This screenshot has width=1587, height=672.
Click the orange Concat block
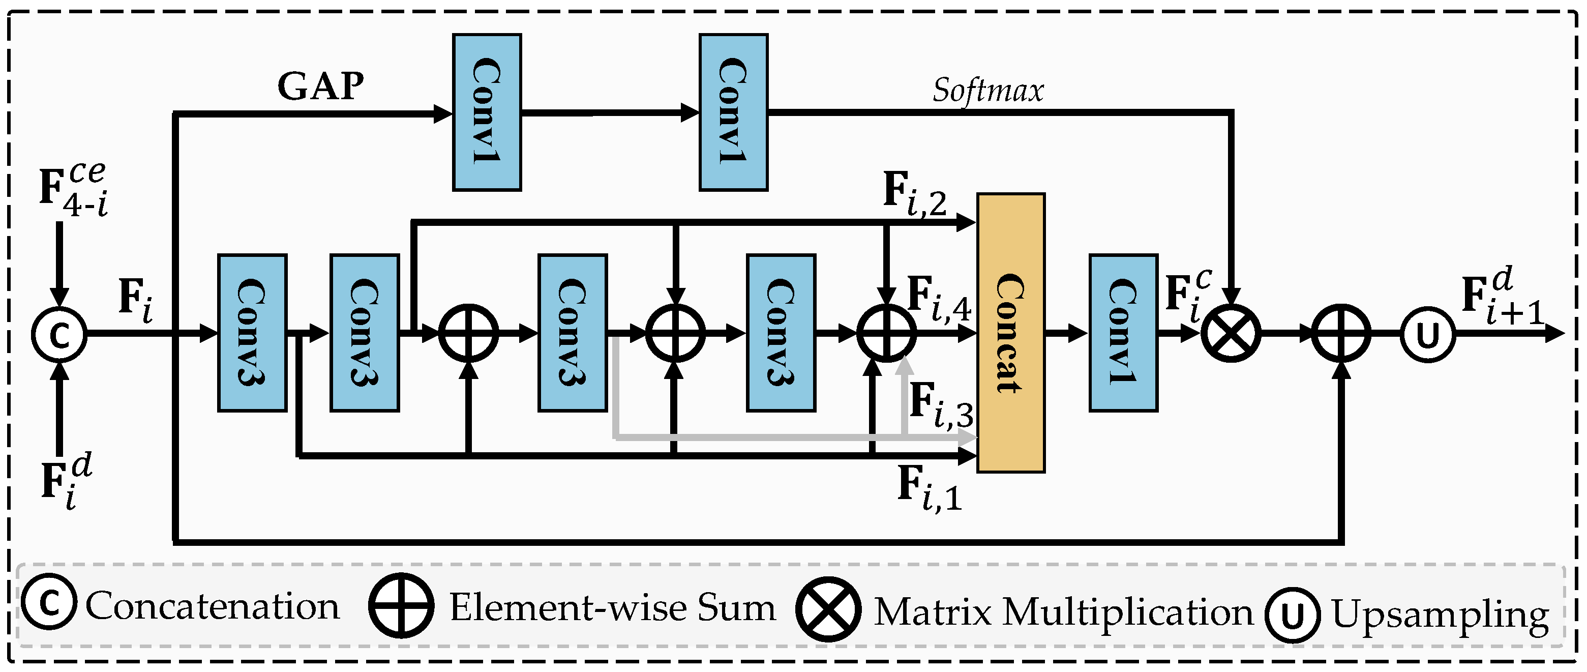1010,333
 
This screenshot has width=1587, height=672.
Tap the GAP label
320,86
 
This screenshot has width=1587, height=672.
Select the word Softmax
987,91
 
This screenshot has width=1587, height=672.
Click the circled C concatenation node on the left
59,335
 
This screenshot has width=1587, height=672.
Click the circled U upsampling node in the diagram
1428,335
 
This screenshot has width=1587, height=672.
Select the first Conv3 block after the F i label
252,333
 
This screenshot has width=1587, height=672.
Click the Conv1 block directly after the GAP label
487,112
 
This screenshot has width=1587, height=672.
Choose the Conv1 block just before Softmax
733,112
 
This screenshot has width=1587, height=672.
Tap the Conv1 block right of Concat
1123,333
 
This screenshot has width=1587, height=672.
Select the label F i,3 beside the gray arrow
940,405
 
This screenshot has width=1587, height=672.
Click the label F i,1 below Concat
929,488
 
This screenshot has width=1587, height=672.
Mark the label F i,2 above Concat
914,195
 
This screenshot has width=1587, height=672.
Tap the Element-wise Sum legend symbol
401,606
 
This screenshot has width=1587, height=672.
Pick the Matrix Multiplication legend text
1064,612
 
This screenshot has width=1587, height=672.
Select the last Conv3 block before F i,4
781,333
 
